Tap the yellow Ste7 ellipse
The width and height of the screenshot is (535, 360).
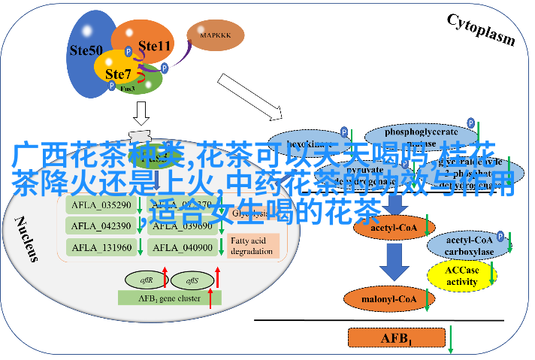pyautogui.click(x=117, y=74)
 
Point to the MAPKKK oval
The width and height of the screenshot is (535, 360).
pyautogui.click(x=215, y=35)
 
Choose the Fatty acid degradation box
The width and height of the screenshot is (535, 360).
pyautogui.click(x=253, y=245)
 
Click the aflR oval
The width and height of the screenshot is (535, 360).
pyautogui.click(x=147, y=280)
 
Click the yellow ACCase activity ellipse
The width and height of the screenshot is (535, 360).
pyautogui.click(x=461, y=277)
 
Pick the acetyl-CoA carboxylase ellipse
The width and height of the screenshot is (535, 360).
pyautogui.click(x=468, y=245)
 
